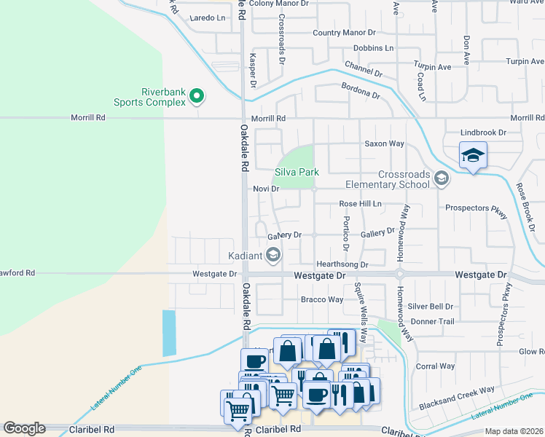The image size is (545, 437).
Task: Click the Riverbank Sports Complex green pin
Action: coord(196,95)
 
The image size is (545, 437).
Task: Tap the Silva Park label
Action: coord(297,173)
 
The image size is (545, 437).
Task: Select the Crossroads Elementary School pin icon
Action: coord(440,178)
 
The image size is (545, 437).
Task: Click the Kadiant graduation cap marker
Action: coord(273,253)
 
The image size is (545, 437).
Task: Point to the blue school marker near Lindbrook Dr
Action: coord(473,155)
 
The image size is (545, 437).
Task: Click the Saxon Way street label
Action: coord(384,144)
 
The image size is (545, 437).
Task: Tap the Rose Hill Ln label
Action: coord(360,204)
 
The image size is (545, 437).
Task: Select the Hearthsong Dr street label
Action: coord(342,264)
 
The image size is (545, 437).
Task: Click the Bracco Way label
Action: coord(322,299)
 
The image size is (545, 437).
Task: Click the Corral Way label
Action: coord(435,366)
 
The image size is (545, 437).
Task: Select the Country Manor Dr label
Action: coord(344,33)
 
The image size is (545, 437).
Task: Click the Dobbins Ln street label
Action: coord(373,48)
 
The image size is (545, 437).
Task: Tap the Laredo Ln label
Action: coord(207,17)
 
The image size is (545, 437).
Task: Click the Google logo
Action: coord(24,428)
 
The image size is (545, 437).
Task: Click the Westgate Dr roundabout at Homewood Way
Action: coord(399,275)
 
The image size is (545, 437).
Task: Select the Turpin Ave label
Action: coord(433,67)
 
